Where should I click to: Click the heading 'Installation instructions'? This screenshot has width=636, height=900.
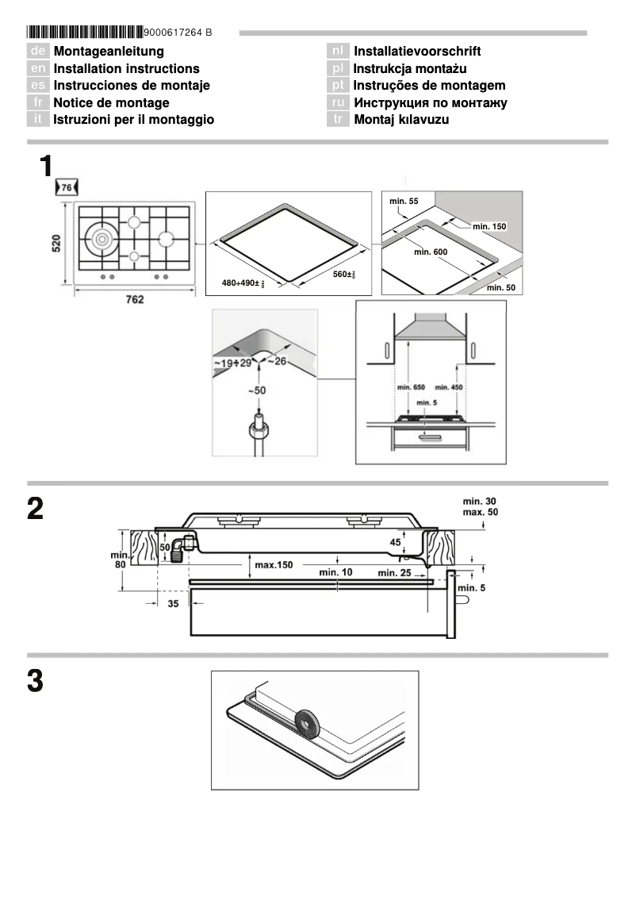point(126,69)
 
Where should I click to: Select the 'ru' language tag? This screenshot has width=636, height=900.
point(339,102)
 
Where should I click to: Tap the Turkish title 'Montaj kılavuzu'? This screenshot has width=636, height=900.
point(401,119)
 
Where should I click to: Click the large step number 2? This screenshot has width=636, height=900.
point(35,509)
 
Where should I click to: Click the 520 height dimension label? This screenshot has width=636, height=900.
point(56,244)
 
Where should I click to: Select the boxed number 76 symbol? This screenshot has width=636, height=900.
point(67,187)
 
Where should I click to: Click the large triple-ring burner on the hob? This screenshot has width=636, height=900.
point(103,238)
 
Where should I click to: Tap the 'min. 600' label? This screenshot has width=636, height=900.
point(431,252)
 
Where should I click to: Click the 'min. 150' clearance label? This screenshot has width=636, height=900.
point(488,226)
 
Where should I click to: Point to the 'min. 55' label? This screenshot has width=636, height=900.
point(403,202)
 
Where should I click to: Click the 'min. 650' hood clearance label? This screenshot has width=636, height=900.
point(410,387)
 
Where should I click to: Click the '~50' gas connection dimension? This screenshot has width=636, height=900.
point(256,391)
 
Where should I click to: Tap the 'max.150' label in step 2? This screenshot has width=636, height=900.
point(274,565)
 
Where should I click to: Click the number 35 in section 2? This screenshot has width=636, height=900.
point(173,603)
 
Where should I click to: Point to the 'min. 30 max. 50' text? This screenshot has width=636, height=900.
point(481,507)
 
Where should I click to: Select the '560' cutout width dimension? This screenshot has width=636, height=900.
point(343,275)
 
